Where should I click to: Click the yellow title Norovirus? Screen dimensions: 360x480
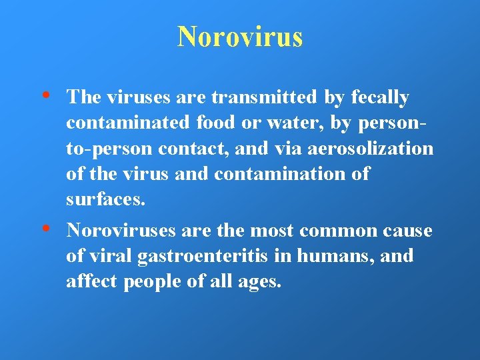(240, 37)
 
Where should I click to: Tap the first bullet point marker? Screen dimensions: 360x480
(53, 95)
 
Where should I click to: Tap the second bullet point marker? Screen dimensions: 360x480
(53, 228)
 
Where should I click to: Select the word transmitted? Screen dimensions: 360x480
(264, 98)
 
